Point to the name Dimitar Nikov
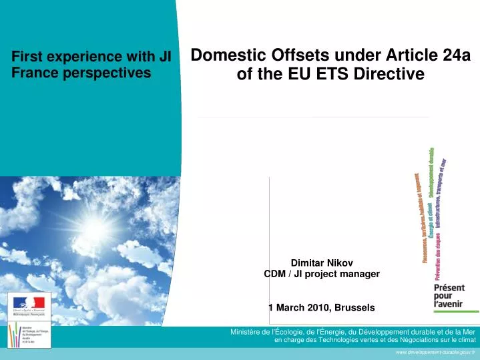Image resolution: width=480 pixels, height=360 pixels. pos(322,263)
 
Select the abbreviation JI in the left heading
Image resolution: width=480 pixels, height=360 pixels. pos(165,57)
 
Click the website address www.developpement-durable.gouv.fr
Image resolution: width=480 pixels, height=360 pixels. pos(435,352)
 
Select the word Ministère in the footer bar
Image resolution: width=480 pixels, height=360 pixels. pos(247,332)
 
